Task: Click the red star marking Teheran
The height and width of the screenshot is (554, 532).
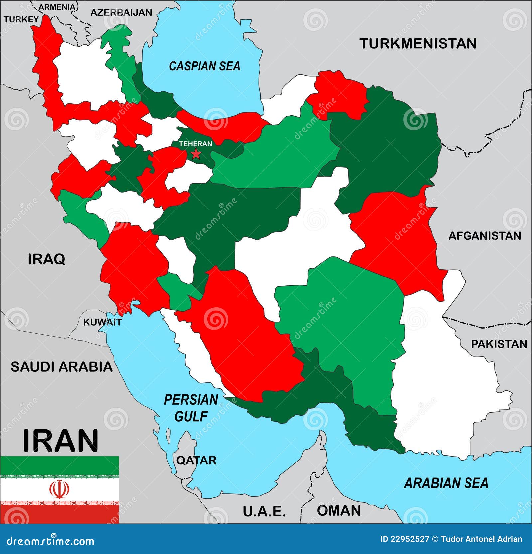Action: click(196, 154)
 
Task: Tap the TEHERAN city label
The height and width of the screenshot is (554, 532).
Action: click(196, 144)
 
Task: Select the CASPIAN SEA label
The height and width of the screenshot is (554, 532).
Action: click(204, 66)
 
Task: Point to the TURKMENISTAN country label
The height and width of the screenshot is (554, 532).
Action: click(418, 44)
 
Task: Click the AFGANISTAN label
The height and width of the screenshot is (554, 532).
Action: click(484, 236)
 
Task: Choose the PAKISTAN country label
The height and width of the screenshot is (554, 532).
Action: click(499, 344)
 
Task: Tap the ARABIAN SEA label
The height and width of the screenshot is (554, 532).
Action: click(446, 483)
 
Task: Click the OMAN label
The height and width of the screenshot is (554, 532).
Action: click(339, 511)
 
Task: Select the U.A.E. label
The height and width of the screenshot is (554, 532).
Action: click(264, 511)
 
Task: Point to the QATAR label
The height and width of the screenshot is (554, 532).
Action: click(196, 461)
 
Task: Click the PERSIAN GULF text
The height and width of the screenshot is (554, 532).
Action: click(191, 408)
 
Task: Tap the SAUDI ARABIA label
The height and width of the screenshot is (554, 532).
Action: click(62, 367)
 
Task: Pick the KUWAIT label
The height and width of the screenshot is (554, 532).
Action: click(102, 322)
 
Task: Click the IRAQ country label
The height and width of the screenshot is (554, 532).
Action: click(46, 259)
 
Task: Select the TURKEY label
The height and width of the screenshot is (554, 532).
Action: click(21, 19)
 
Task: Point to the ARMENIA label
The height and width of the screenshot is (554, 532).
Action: click(57, 7)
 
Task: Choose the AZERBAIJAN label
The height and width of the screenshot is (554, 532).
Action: click(121, 13)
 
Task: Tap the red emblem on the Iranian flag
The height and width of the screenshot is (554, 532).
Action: click(59, 489)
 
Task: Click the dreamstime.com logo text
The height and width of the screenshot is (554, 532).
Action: click(51, 541)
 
